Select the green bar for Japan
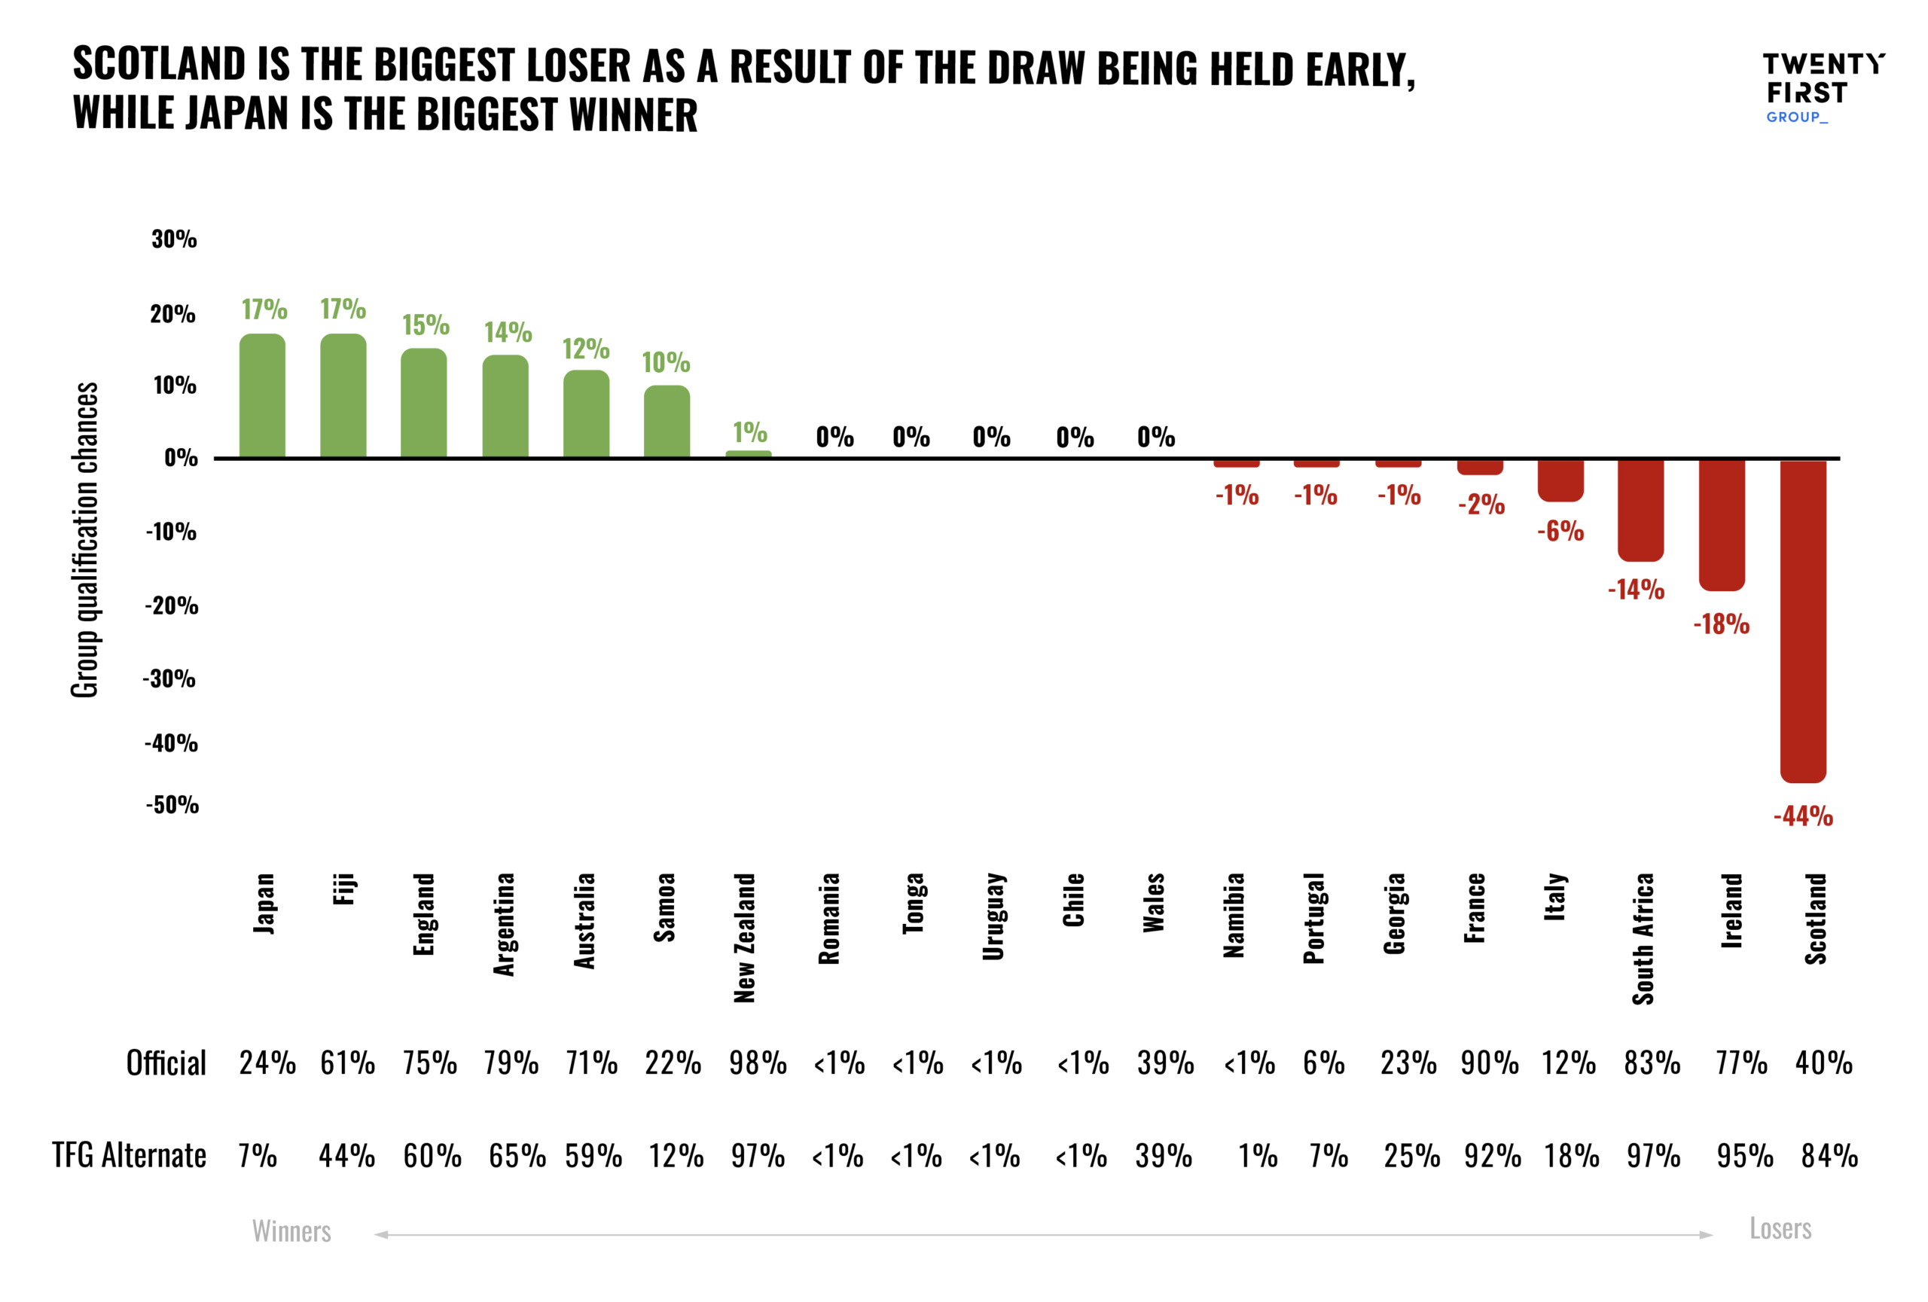pyautogui.click(x=262, y=395)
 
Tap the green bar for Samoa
pyautogui.click(x=667, y=421)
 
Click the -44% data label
pyautogui.click(x=1803, y=816)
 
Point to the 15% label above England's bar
pyautogui.click(x=426, y=325)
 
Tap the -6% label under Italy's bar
pyautogui.click(x=1560, y=531)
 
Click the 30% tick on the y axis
pyautogui.click(x=174, y=239)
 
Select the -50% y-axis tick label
pyautogui.click(x=172, y=805)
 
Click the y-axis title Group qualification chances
pyautogui.click(x=84, y=540)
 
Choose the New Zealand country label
pyautogui.click(x=745, y=937)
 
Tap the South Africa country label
pyautogui.click(x=1643, y=938)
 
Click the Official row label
pyautogui.click(x=166, y=1063)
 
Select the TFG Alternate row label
pyautogui.click(x=130, y=1155)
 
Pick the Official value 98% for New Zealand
pyautogui.click(x=758, y=1063)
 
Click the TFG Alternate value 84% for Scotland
pyautogui.click(x=1829, y=1156)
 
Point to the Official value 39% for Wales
pyautogui.click(x=1165, y=1063)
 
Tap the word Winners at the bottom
pyautogui.click(x=291, y=1231)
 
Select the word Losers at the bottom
pyautogui.click(x=1780, y=1229)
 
